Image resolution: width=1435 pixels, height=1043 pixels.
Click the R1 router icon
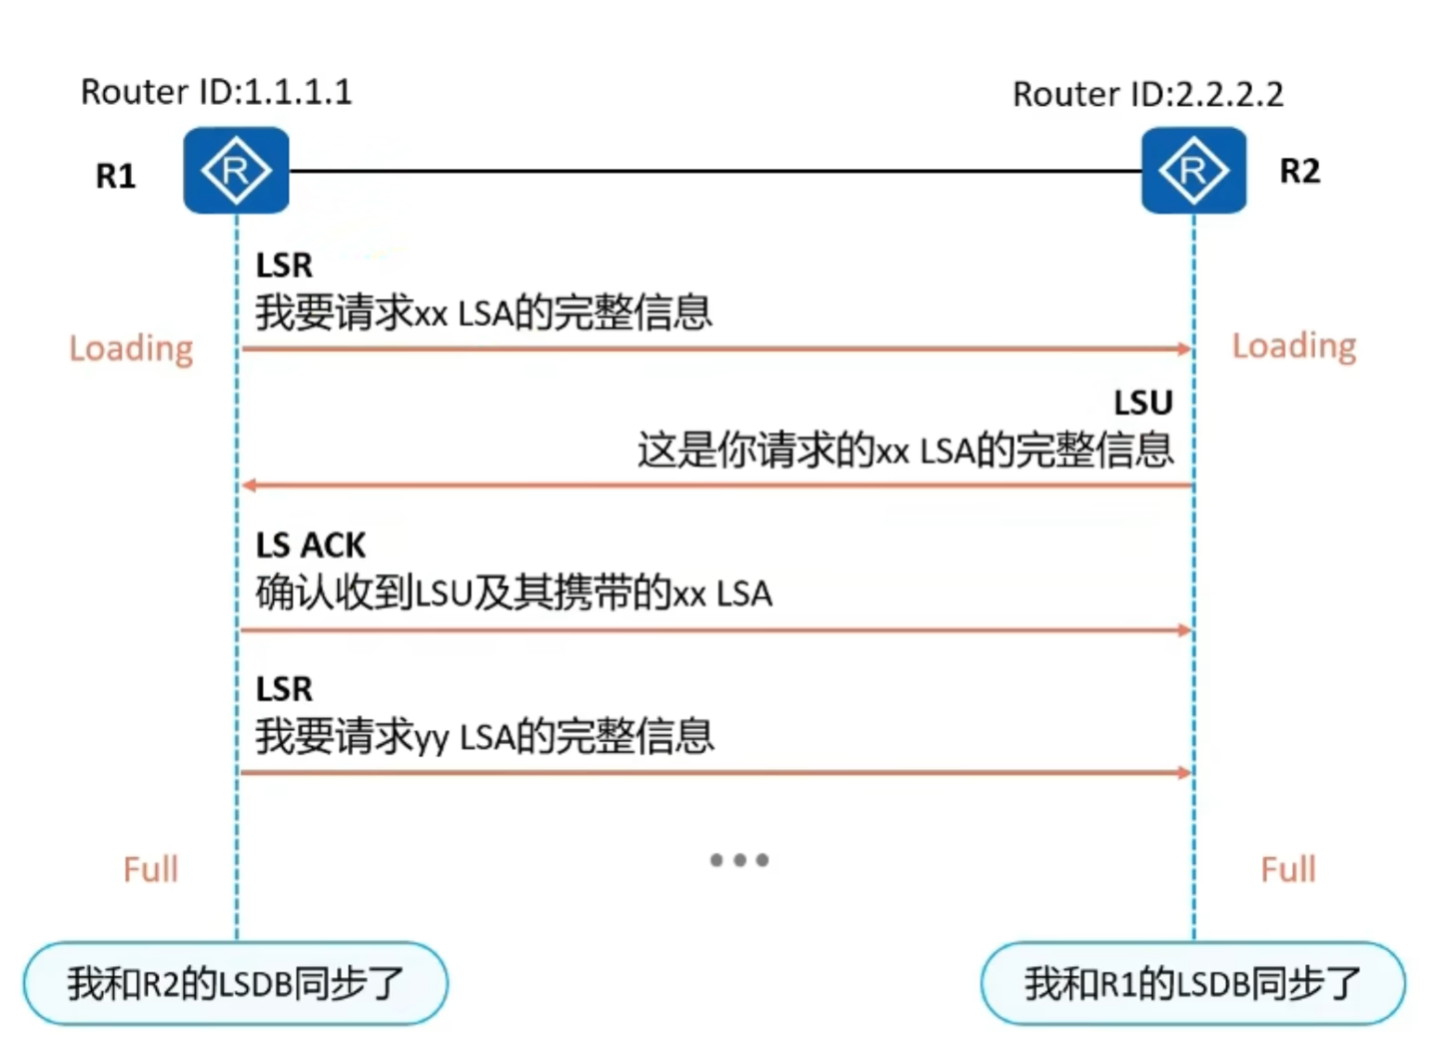click(236, 171)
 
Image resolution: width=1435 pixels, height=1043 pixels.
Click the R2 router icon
click(1194, 171)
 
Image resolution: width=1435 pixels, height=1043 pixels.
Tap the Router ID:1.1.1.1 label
click(216, 92)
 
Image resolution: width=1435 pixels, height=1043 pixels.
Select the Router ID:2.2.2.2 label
click(1147, 94)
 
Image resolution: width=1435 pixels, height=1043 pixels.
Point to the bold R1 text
click(116, 176)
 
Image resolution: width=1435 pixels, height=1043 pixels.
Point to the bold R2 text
click(1299, 171)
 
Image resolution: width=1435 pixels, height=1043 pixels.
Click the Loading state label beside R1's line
click(131, 348)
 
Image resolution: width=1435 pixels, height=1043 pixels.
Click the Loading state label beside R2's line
click(1294, 345)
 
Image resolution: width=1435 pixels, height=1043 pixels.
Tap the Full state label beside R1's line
click(150, 869)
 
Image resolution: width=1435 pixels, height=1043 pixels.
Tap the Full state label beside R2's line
click(1288, 869)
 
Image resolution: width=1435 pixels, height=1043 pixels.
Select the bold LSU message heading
click(1143, 403)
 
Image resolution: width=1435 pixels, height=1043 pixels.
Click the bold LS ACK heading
click(310, 545)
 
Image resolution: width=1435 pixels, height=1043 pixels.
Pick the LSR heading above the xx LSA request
click(284, 266)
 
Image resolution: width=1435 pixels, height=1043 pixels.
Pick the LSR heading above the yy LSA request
click(284, 689)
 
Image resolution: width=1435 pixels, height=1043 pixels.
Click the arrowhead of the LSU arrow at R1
click(249, 485)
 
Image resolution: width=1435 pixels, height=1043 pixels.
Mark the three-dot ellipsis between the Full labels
click(739, 860)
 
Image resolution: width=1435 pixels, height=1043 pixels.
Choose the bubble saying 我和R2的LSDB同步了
click(236, 984)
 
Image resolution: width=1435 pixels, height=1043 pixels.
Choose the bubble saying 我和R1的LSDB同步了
click(1193, 984)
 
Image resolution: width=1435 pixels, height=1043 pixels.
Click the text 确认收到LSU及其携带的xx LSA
click(514, 593)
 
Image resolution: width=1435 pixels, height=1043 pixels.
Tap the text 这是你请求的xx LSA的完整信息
click(905, 450)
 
